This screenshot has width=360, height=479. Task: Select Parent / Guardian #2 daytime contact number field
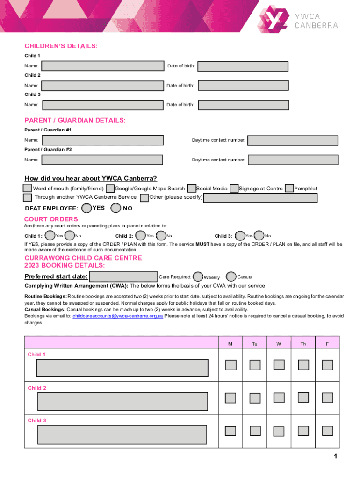[x=293, y=160]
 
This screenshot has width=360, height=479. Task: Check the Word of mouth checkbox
[x=28, y=188]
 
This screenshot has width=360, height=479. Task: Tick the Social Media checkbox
[x=191, y=189]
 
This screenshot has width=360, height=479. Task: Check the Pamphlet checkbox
[x=289, y=188]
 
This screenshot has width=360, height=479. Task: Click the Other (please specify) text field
[x=260, y=198]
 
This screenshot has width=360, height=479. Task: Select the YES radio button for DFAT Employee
[x=86, y=208]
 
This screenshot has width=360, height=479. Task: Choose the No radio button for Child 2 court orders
[x=161, y=236]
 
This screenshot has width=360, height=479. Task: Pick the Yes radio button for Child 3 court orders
[x=240, y=236]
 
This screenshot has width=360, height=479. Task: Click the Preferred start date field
[x=123, y=277]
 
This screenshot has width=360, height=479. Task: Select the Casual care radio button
[x=231, y=277]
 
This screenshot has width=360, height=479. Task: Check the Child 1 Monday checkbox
[x=230, y=364]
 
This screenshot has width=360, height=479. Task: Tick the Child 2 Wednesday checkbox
[x=279, y=398]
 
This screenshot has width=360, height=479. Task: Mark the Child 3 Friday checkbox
[x=327, y=430]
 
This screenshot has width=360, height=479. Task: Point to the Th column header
[x=303, y=344]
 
